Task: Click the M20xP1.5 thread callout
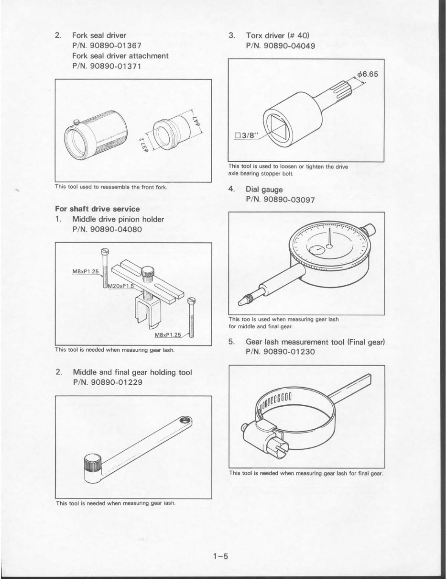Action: click(x=120, y=286)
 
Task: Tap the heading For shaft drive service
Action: click(x=98, y=209)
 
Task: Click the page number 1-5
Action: click(x=222, y=556)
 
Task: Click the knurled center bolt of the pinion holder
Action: click(x=148, y=274)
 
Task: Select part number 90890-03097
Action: click(x=280, y=200)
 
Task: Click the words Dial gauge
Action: click(x=264, y=189)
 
